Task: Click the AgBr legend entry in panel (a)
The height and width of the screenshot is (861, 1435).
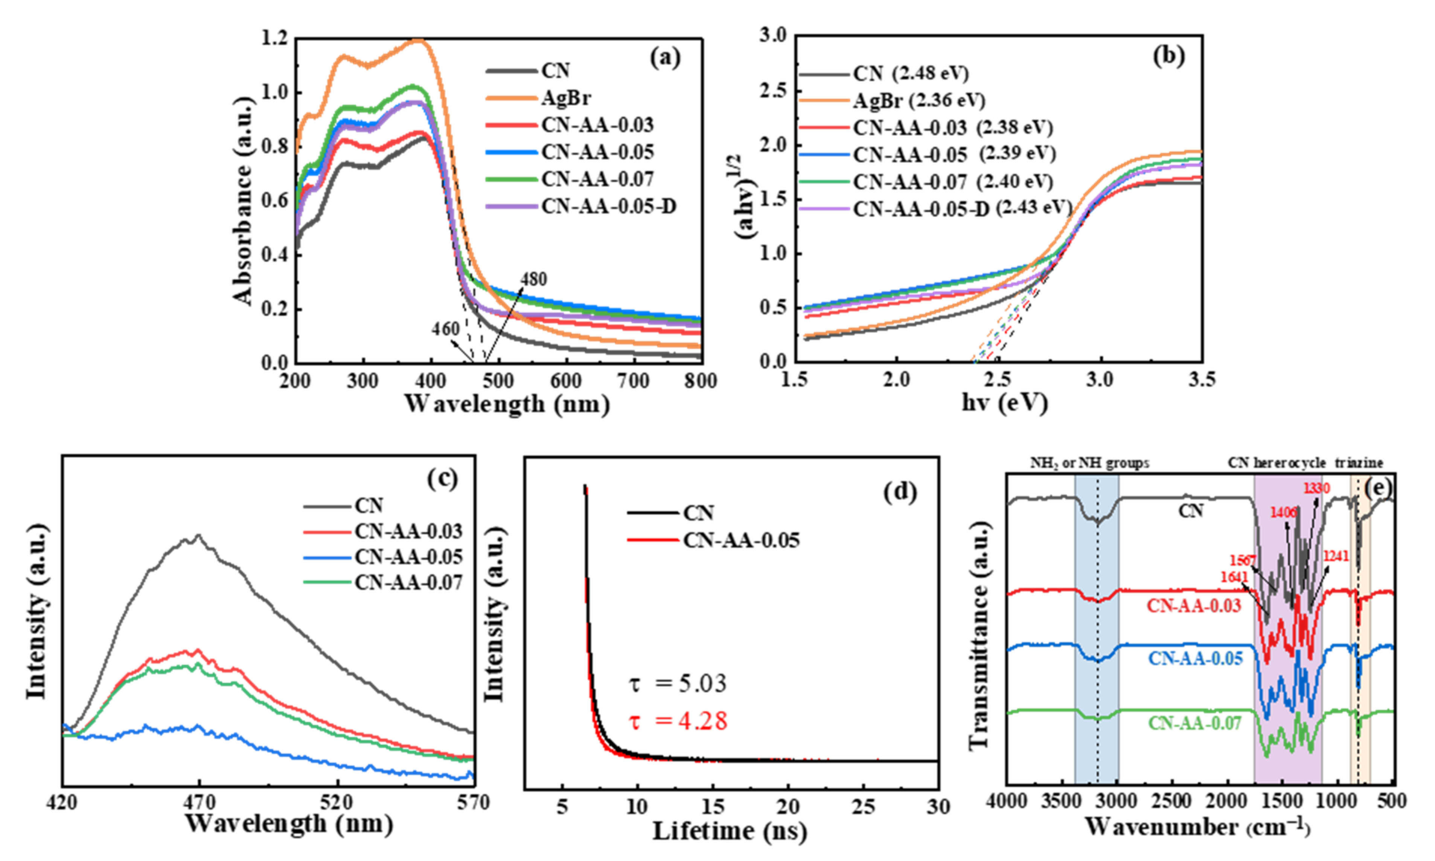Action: click(566, 98)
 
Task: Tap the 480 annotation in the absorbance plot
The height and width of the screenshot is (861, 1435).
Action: click(533, 280)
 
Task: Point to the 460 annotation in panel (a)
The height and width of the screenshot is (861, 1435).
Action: click(445, 329)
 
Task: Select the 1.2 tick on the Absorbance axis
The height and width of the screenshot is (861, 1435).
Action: click(274, 39)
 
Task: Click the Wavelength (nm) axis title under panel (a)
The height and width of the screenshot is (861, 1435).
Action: click(507, 404)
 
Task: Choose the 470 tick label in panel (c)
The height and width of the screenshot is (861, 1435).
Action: click(199, 803)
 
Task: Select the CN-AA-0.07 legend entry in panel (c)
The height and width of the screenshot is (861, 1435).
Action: click(408, 582)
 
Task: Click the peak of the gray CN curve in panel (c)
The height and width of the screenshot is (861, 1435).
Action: click(198, 536)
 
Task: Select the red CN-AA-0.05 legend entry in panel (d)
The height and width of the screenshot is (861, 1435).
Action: click(740, 540)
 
